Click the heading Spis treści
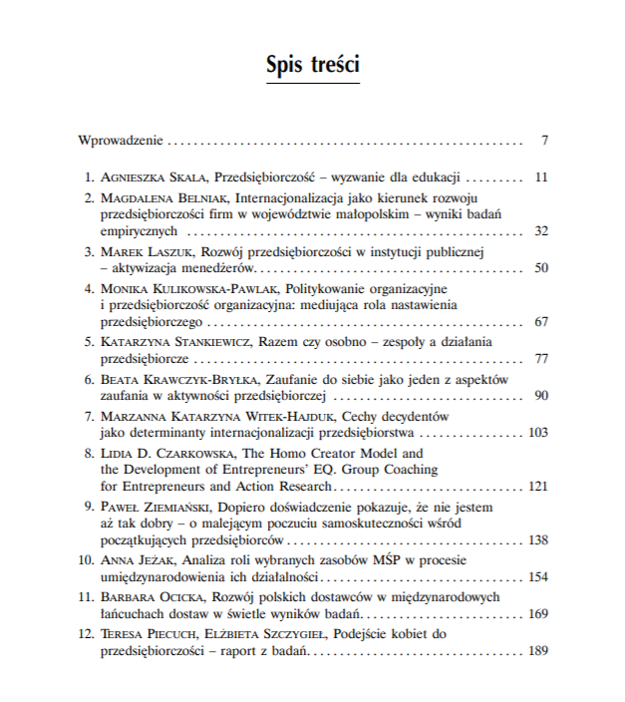tap(312, 65)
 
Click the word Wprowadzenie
tap(121, 139)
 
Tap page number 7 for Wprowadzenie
tap(545, 139)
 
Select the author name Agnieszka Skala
tap(152, 177)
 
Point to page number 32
tap(541, 230)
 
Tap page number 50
tap(541, 268)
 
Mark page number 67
tap(541, 322)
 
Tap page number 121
tap(538, 487)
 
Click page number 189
tap(538, 651)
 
